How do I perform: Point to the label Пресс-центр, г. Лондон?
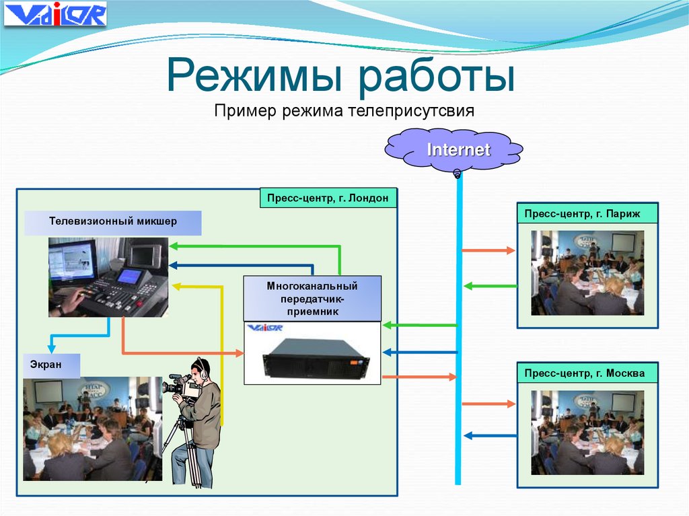coord(328,198)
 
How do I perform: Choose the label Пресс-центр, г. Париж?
coord(587,213)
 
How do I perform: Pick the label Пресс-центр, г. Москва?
coord(587,373)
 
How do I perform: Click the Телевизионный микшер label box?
coord(112,223)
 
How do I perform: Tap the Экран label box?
coord(52,365)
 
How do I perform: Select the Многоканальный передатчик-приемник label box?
coord(312,299)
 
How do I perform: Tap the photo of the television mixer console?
coord(108,277)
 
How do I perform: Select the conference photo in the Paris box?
coord(587,272)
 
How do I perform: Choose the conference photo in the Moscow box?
coord(587,433)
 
